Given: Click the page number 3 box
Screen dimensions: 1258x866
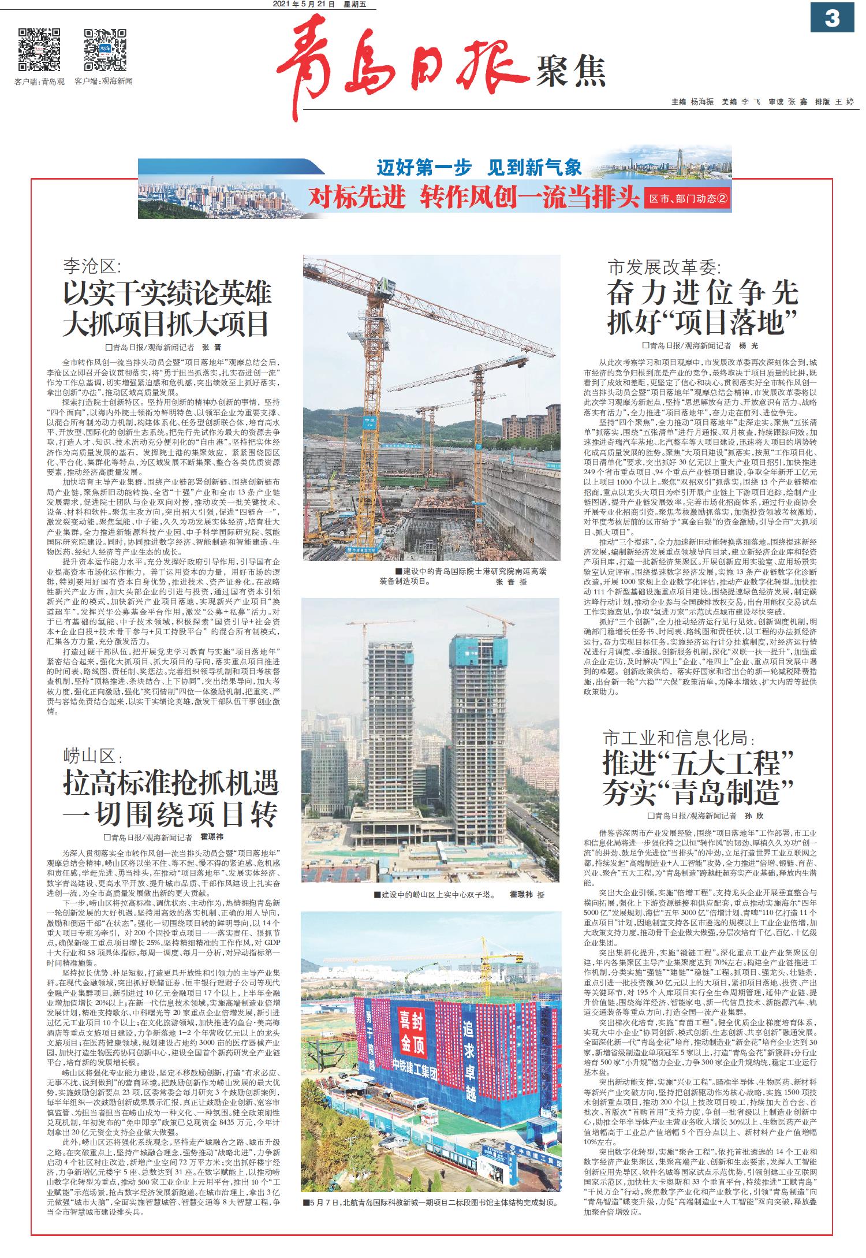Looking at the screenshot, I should coord(832,18).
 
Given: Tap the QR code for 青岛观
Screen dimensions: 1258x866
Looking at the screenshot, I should coord(39,49).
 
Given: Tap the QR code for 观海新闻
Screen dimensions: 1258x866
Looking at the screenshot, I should coord(105,49).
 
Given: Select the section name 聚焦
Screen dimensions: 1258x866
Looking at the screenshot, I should coord(571,72).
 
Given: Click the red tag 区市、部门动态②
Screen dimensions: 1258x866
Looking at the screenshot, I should coord(689,199).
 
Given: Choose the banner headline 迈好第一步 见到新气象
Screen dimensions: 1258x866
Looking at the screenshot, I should coord(479,168).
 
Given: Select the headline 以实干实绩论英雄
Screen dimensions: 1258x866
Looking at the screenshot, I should coord(167,293).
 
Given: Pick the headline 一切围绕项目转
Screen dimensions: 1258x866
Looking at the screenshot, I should coord(171,814).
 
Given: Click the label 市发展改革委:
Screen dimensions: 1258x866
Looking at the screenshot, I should coord(665,267).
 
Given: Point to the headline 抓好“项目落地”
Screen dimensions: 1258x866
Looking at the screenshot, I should coord(703,322).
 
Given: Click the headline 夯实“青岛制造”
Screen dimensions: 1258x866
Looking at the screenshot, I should coord(698,791).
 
